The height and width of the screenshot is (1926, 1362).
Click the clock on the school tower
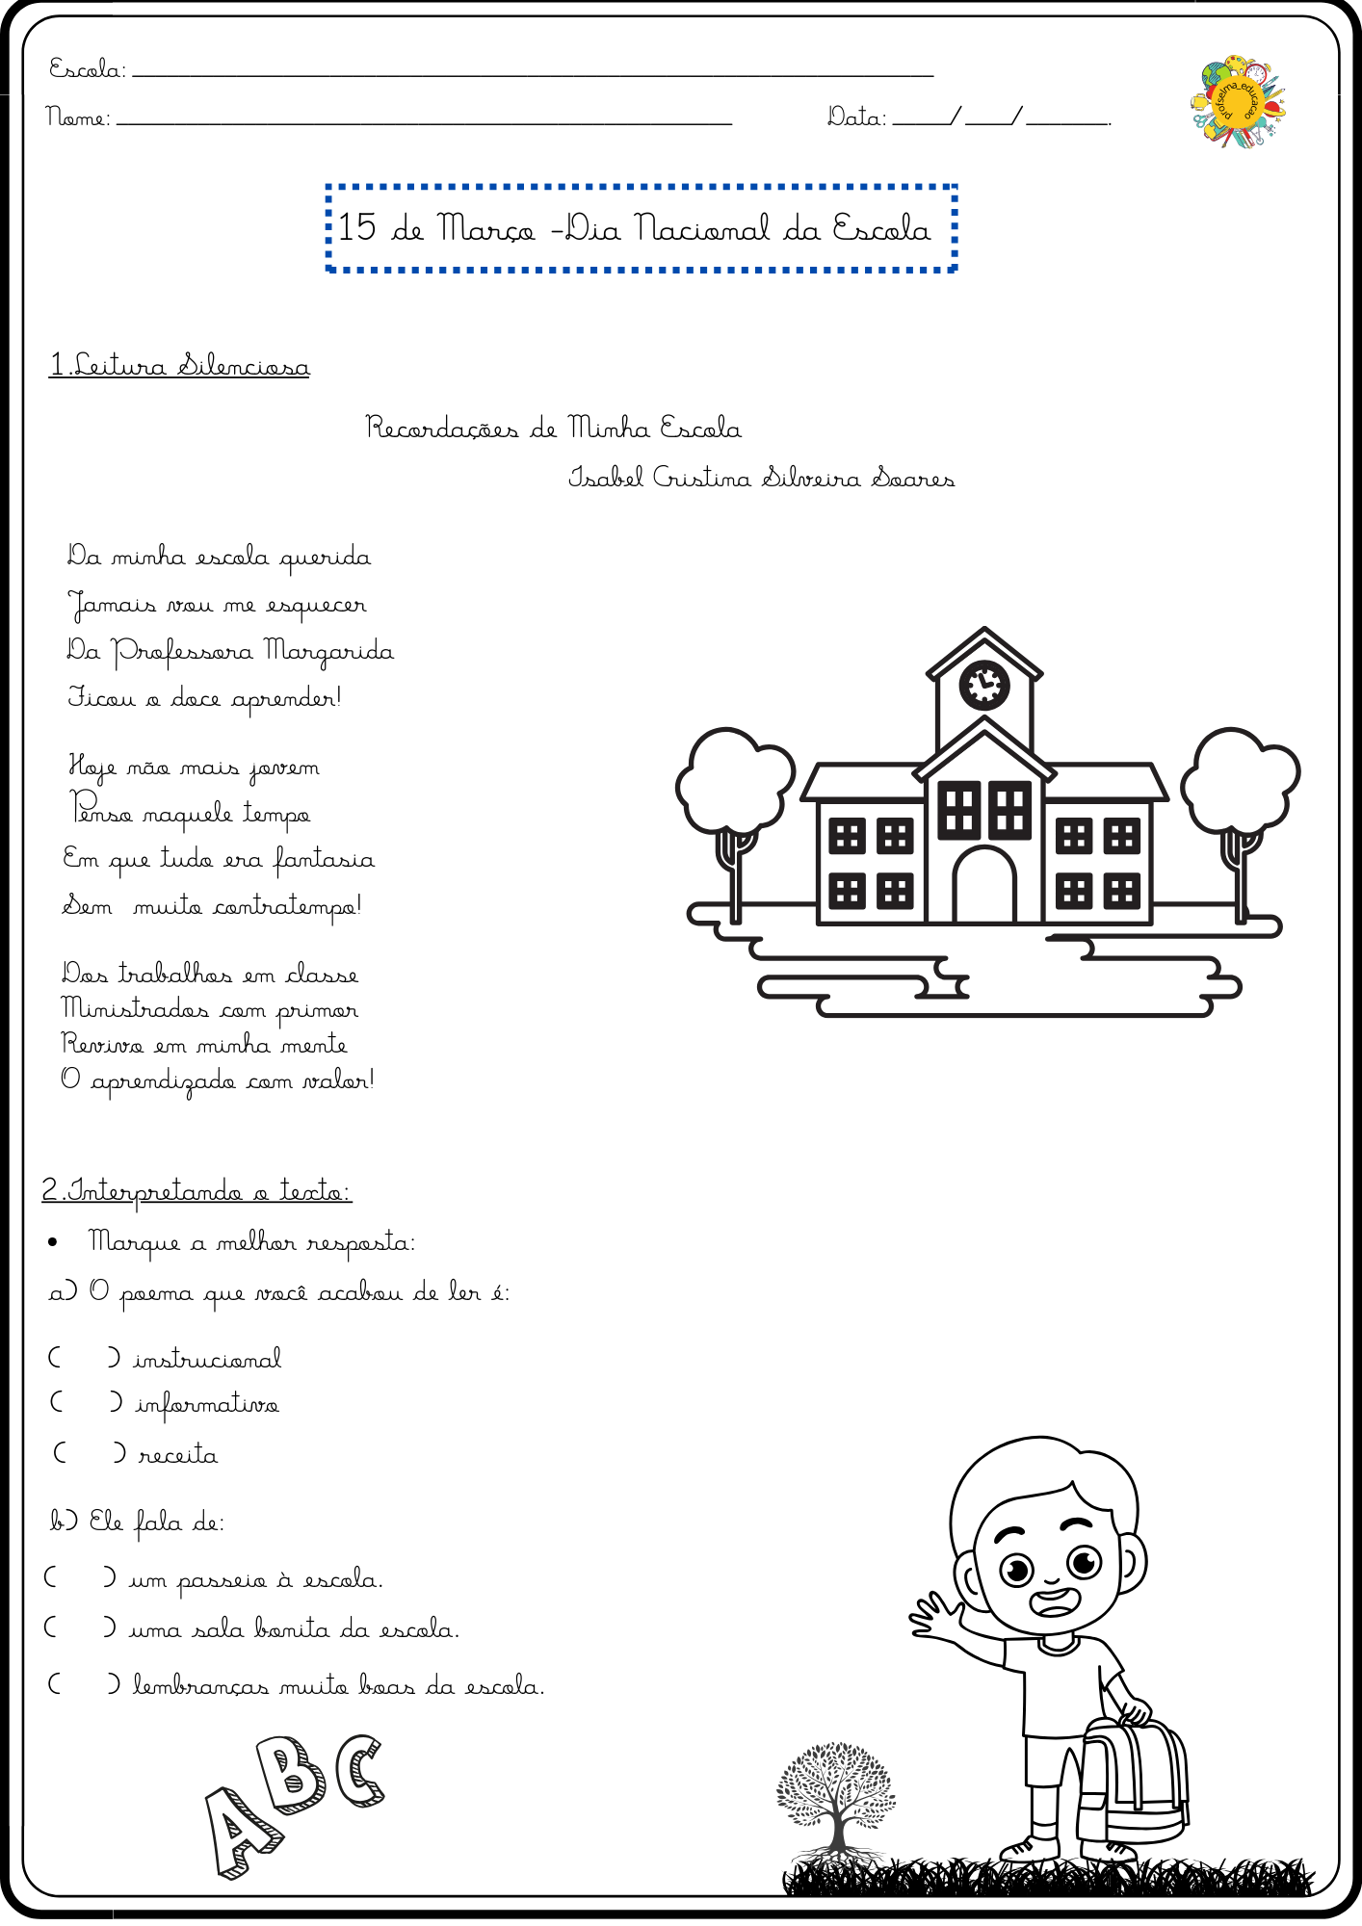pyautogui.click(x=984, y=685)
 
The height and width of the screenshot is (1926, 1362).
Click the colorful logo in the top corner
pyautogui.click(x=1239, y=102)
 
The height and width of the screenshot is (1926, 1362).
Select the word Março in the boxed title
pyautogui.click(x=486, y=229)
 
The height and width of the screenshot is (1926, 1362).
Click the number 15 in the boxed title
pyautogui.click(x=356, y=227)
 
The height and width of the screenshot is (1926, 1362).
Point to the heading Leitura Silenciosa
pyautogui.click(x=180, y=366)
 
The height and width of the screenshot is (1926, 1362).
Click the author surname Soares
pyautogui.click(x=913, y=478)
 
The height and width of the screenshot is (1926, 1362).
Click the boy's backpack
pyautogui.click(x=1133, y=1777)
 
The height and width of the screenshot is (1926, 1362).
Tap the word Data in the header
pyautogui.click(x=855, y=117)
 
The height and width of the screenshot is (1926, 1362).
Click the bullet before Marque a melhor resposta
pyautogui.click(x=53, y=1242)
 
